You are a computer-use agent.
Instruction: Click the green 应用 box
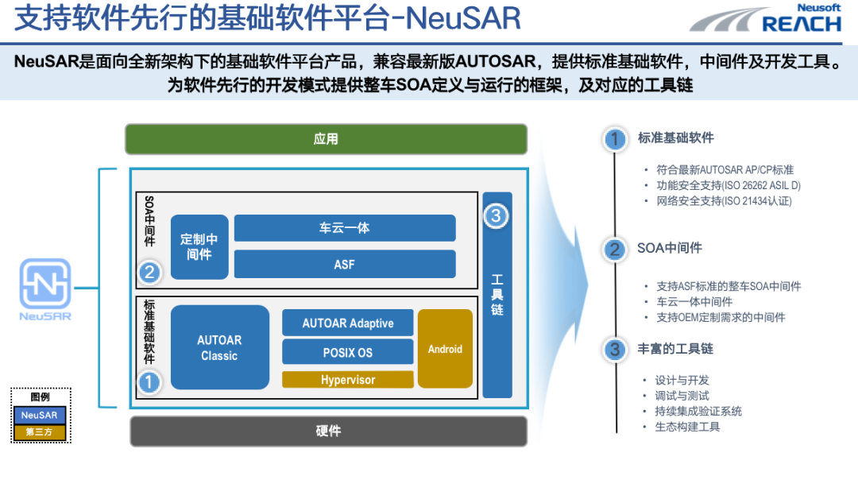326,139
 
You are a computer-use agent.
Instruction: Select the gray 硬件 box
328,431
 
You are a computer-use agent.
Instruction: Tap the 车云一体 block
344,228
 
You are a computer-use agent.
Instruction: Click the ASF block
344,264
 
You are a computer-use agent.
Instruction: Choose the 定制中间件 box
199,246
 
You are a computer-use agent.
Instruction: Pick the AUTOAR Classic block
219,347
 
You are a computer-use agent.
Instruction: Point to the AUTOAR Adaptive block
347,323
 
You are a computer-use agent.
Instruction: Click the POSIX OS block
347,352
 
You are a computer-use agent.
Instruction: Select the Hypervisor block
347,380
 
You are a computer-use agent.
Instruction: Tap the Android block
445,349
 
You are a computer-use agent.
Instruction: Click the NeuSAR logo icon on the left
45,285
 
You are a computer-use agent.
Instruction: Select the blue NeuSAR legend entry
41,415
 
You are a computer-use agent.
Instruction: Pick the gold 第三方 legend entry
41,432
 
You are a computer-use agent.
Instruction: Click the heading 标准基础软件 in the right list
675,137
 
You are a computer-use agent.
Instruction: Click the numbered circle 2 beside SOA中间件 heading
614,250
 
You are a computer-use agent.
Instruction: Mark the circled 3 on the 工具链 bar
496,215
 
